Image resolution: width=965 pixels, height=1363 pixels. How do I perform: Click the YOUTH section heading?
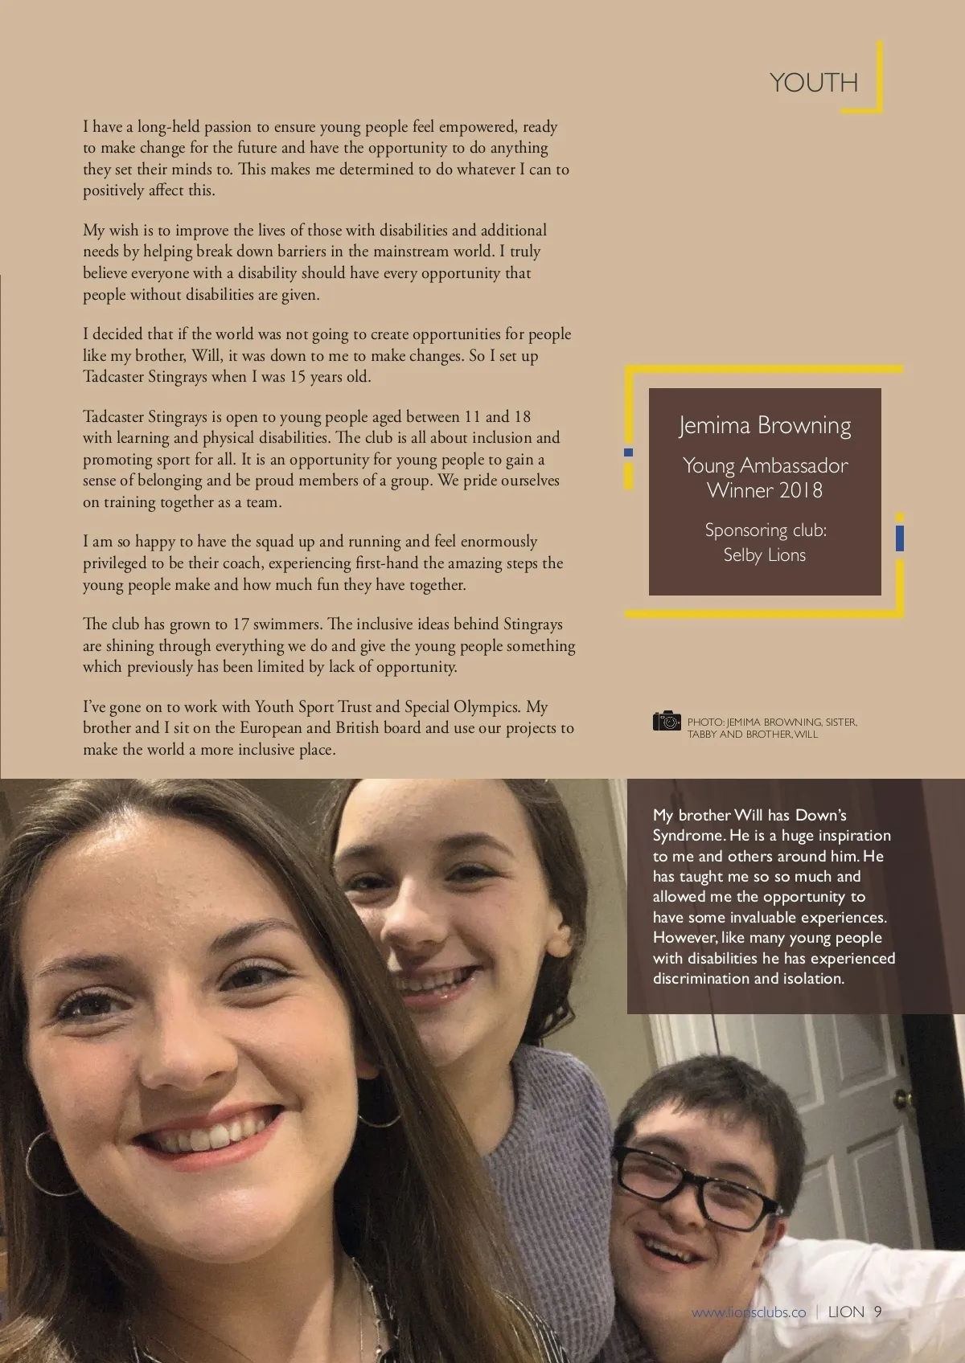point(813,82)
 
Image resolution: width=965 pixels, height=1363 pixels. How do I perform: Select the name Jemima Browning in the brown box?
point(764,425)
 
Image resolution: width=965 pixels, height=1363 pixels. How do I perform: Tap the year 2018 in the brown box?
point(801,490)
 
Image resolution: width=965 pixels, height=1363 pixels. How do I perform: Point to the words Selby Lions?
point(764,555)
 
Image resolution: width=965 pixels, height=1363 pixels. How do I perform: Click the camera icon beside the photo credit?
point(667,721)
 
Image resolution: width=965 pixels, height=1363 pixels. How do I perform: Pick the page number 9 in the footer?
point(878,1312)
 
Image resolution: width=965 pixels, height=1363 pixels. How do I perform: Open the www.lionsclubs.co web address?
point(749,1312)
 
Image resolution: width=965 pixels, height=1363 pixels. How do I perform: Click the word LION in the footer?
point(846,1312)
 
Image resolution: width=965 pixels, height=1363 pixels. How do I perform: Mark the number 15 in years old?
point(298,377)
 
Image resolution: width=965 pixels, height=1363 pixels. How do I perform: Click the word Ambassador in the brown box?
point(794,465)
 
